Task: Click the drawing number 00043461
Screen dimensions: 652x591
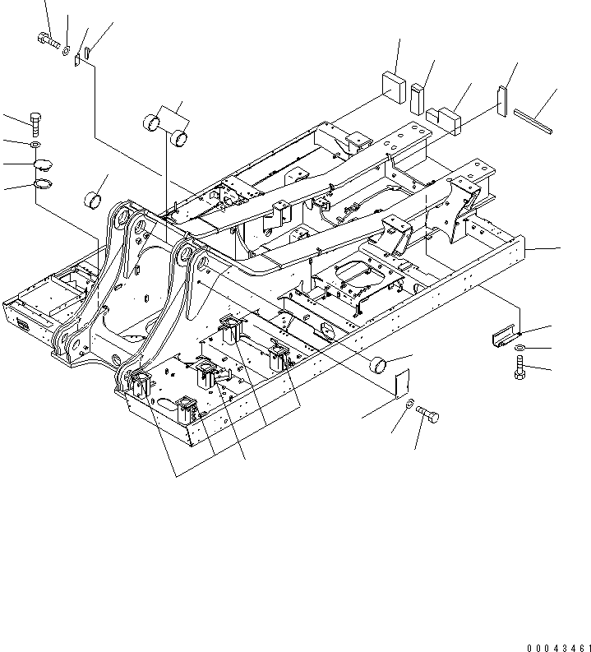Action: click(555, 648)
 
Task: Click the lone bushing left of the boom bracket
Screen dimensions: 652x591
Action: click(95, 199)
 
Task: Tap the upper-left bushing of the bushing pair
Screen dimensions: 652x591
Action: click(152, 124)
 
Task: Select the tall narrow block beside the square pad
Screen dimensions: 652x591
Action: click(418, 98)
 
